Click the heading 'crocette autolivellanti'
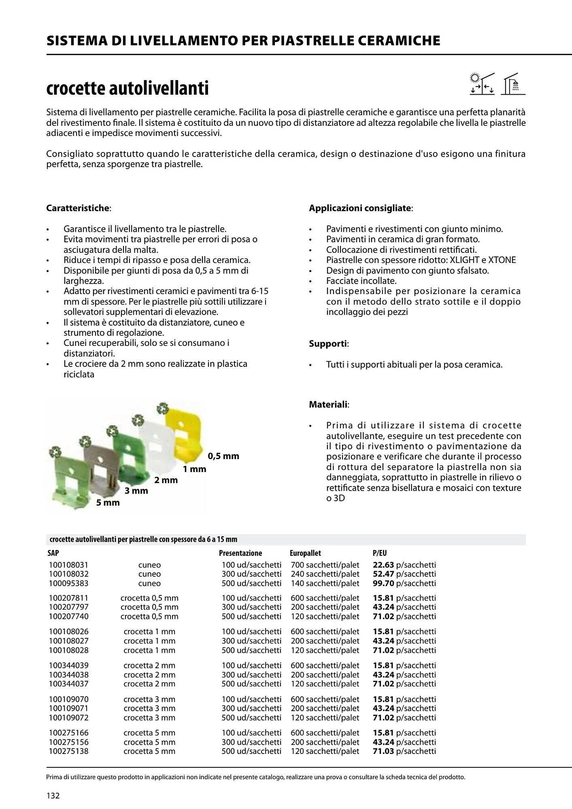128,89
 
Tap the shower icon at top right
513,84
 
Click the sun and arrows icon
482,84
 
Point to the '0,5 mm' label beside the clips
223,456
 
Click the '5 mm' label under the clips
108,503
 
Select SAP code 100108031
68,565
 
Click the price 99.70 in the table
383,583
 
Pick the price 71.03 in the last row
383,751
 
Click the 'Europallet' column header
305,553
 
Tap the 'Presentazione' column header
240,553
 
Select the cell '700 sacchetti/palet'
325,565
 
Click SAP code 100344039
68,665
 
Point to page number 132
53,796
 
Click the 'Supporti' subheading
328,344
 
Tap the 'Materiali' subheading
328,404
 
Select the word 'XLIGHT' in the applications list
465,260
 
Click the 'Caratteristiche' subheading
78,208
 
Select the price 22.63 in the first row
383,565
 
